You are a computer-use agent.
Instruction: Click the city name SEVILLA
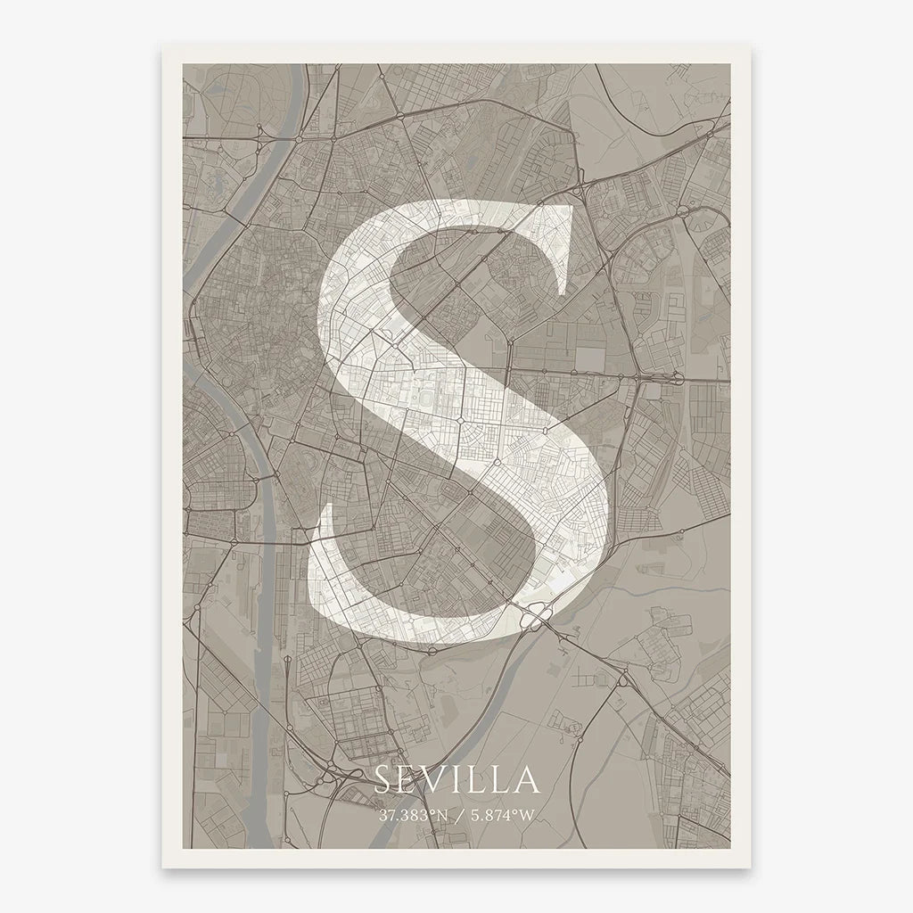[x=456, y=779]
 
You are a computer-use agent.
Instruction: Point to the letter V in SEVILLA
[x=436, y=780]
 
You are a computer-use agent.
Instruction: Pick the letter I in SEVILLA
[x=458, y=780]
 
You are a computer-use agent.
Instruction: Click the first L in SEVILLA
[x=477, y=780]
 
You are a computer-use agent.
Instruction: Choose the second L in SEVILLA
[x=501, y=780]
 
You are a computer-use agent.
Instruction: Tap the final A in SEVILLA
[x=527, y=780]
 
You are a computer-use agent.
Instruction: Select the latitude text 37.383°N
[x=413, y=815]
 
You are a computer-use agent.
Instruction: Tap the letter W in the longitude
[x=531, y=815]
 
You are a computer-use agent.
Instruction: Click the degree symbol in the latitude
[x=432, y=811]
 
